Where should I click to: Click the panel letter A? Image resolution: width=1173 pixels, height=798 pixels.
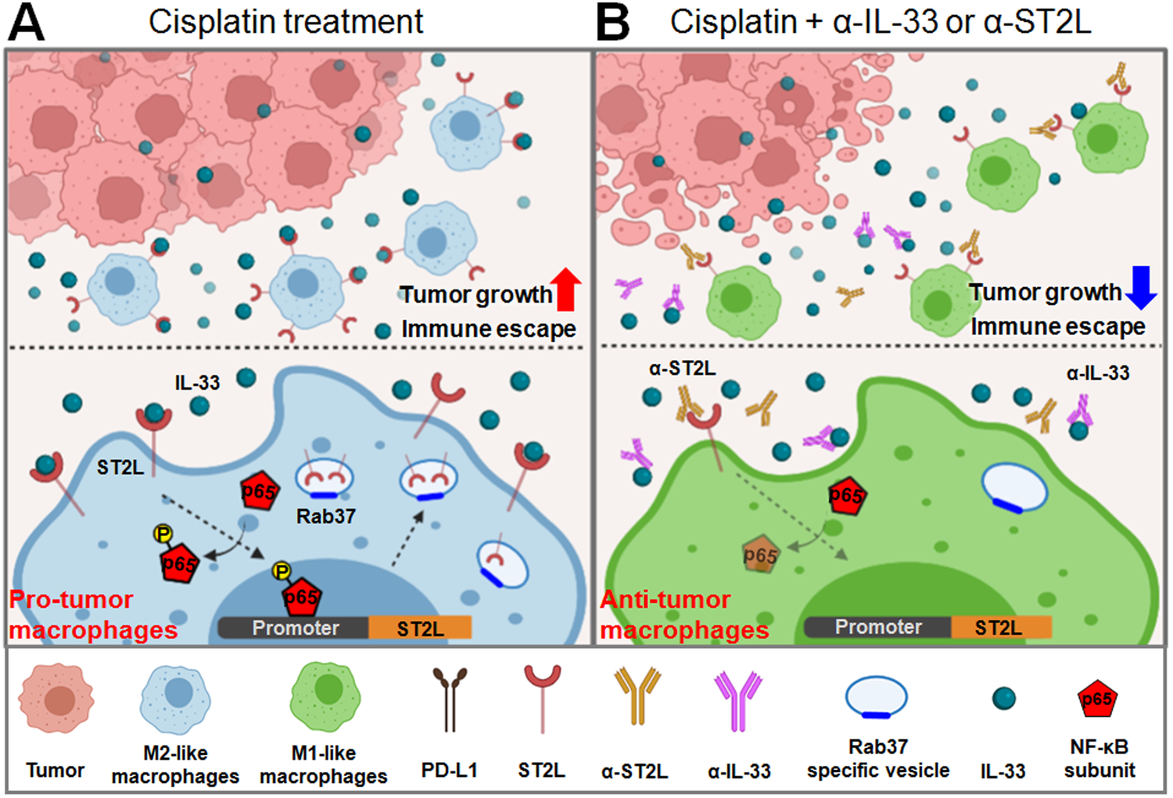(26, 22)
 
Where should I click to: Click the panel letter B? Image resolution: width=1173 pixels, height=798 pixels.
(612, 22)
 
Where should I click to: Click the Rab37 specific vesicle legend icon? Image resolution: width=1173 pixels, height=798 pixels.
(876, 697)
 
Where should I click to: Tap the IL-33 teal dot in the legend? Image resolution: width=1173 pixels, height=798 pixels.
(1003, 698)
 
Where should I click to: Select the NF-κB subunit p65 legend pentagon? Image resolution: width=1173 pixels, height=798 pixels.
(1096, 699)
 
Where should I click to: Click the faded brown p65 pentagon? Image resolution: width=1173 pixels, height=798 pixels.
(759, 555)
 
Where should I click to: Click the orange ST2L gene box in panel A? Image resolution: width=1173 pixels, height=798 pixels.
(420, 627)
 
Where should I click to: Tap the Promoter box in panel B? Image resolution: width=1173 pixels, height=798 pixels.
(877, 627)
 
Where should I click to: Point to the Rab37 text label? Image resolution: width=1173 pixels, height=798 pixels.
(325, 516)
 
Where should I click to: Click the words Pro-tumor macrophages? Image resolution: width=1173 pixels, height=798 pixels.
(92, 615)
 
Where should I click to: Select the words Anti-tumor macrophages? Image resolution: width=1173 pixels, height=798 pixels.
(683, 615)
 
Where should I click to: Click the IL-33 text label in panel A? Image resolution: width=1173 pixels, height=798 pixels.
(197, 383)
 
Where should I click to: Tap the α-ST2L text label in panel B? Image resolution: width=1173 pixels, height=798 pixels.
(682, 368)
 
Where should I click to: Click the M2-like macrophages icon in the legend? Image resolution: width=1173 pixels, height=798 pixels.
(176, 697)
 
